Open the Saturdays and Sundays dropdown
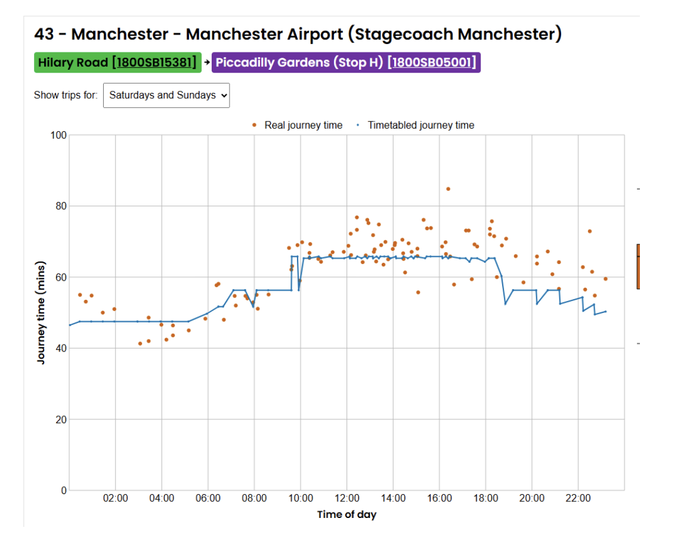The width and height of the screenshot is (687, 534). (166, 95)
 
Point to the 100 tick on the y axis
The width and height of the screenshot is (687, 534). (58, 135)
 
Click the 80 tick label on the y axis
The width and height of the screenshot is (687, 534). (61, 206)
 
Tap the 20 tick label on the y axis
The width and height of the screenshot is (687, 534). (61, 420)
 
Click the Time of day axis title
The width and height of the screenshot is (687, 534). (346, 514)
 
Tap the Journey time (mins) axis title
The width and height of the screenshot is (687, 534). (41, 312)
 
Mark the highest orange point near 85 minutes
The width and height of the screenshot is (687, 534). (448, 189)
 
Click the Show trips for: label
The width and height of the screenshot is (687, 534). (66, 95)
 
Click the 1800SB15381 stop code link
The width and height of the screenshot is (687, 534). (156, 63)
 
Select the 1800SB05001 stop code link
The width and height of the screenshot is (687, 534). (432, 63)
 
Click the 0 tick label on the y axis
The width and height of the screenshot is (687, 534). (64, 490)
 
